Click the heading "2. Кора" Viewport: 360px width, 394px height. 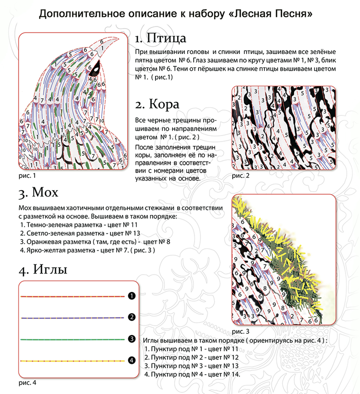point(157,104)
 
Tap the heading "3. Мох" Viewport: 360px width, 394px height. point(38,192)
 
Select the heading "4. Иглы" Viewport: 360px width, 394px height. point(43,270)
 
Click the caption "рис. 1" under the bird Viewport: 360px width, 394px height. point(27,176)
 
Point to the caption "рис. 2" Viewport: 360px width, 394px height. point(241,175)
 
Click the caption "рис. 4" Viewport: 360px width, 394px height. point(27,383)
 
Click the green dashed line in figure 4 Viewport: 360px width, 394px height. point(73,339)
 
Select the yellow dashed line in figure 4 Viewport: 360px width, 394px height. point(73,361)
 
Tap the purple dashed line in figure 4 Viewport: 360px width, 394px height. point(73,317)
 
